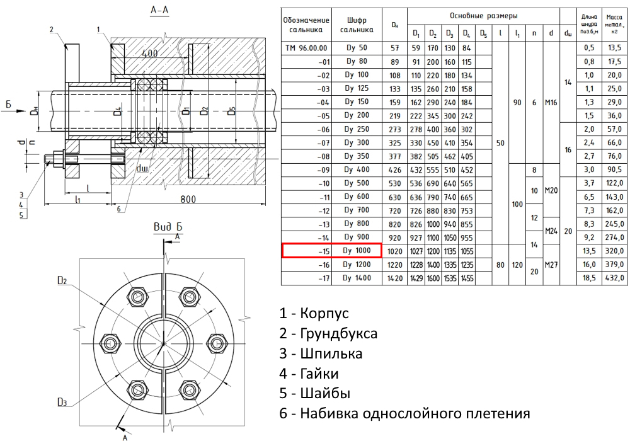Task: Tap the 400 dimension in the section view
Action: coord(150,54)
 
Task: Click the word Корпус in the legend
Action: coord(324,313)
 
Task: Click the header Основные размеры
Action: coord(484,14)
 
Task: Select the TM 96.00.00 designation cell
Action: coord(306,48)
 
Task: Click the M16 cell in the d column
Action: coord(551,103)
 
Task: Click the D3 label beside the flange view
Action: coord(62,402)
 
